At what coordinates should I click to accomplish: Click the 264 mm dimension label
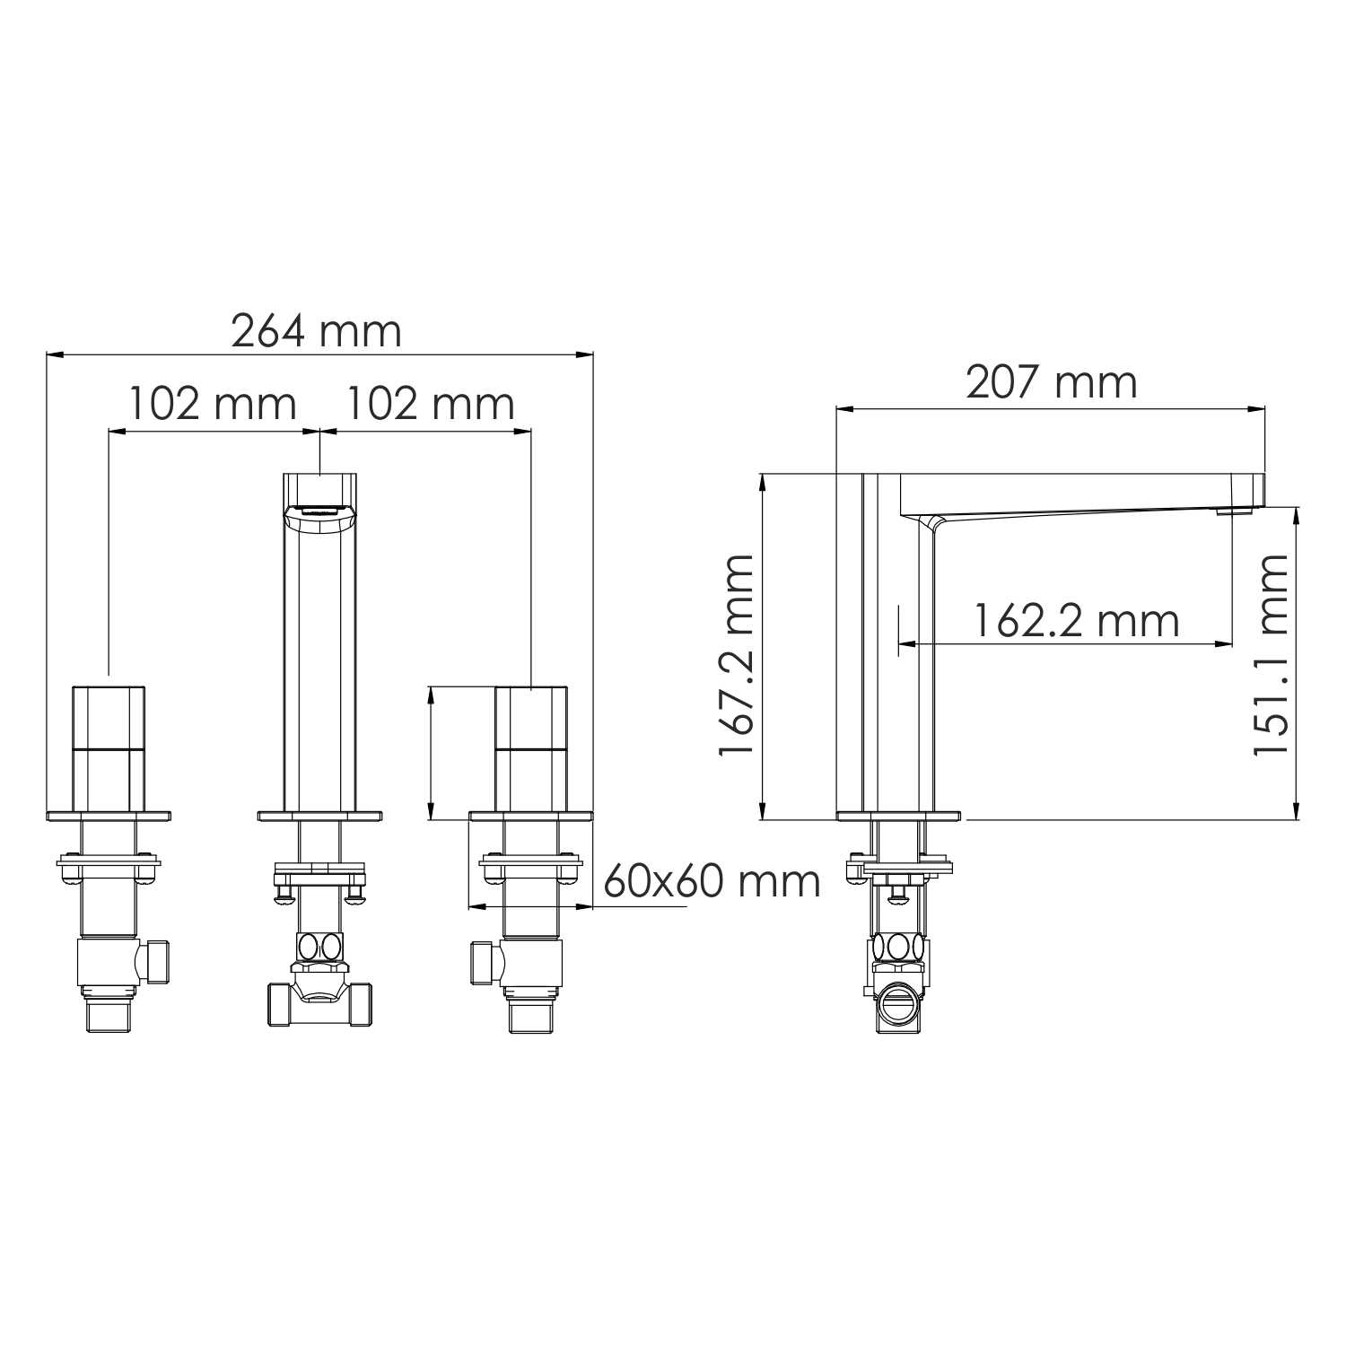coord(316,331)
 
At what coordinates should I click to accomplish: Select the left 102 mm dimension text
coord(213,404)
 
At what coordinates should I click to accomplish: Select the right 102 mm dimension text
coord(431,404)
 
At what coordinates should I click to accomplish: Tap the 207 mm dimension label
coord(1051,382)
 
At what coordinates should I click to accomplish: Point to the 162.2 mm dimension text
coord(1076,621)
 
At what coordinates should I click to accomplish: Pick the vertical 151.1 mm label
coord(1271,655)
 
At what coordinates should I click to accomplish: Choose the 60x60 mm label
coord(712,881)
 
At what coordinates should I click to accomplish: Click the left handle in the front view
coord(108,749)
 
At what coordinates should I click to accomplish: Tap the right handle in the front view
coord(531,749)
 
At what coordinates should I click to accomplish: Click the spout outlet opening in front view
coord(320,512)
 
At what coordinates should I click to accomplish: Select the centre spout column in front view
coord(320,664)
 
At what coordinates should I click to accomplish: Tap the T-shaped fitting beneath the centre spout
coord(320,996)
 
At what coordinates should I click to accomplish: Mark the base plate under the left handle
coord(108,816)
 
